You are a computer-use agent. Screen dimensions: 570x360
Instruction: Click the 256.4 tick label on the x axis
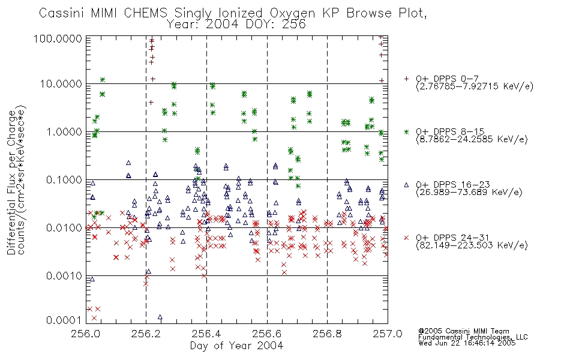pos(207,333)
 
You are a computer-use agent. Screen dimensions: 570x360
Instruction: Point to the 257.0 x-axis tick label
pos(388,333)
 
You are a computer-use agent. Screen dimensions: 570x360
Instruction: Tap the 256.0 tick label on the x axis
pos(86,333)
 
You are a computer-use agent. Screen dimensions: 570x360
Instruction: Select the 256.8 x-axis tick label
pos(327,333)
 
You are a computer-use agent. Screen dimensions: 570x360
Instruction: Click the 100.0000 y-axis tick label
pos(58,38)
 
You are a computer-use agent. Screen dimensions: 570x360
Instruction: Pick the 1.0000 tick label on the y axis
pos(64,132)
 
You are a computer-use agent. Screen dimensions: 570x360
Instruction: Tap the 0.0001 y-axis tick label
pos(64,320)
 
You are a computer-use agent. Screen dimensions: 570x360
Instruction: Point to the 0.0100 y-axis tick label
pos(64,228)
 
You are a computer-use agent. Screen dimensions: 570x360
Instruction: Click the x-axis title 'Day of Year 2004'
pos(236,346)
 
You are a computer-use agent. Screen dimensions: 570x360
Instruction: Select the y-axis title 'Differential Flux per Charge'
pos(11,181)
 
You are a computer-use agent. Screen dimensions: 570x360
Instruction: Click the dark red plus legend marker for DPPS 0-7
pos(406,79)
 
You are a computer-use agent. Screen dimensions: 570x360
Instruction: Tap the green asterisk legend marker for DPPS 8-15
pos(406,131)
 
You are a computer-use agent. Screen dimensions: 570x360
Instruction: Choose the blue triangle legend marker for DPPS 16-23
pos(406,185)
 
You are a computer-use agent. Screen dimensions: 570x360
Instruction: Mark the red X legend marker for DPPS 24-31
pos(406,238)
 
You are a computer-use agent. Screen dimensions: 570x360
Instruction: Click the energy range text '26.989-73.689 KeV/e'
pos(469,192)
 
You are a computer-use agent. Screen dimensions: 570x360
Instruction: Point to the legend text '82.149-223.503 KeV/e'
pos(472,245)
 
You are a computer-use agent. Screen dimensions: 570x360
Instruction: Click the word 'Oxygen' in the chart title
pos(292,13)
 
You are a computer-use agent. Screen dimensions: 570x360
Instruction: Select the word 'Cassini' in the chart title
pos(62,13)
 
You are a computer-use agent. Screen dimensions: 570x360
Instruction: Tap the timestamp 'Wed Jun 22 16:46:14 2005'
pos(467,343)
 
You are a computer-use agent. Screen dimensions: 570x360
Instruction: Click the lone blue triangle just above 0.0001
pos(160,317)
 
